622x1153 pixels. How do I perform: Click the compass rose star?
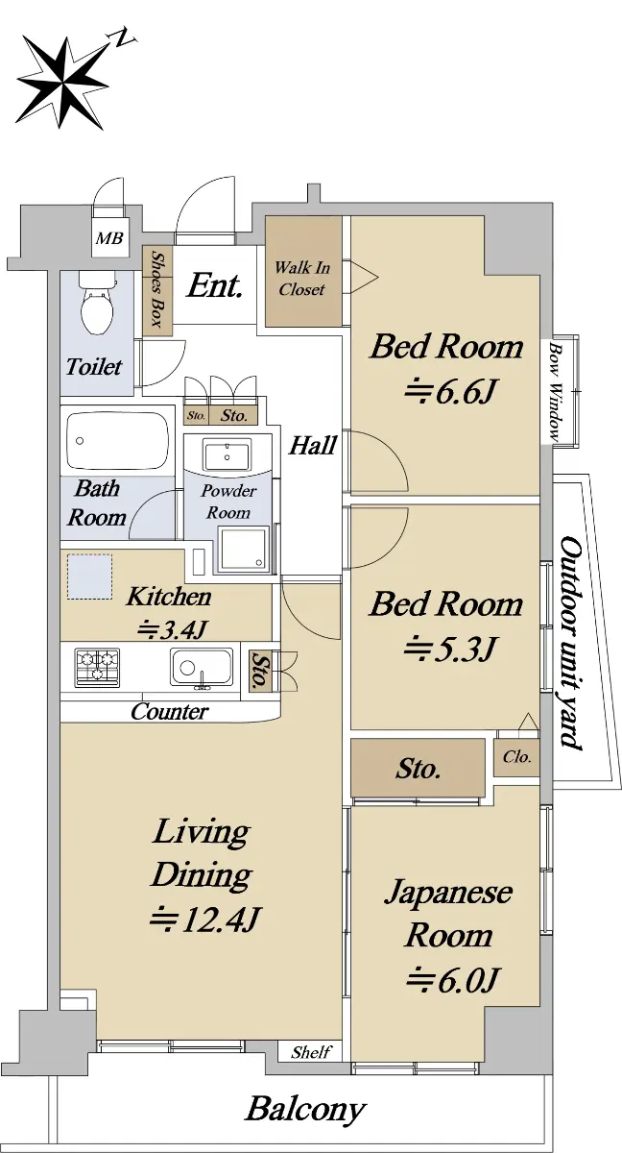[x=62, y=83]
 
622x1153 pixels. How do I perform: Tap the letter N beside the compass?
[x=121, y=38]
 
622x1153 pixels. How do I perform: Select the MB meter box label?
[x=109, y=238]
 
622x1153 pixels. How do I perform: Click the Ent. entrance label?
[x=214, y=285]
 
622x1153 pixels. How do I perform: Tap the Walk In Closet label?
[x=301, y=279]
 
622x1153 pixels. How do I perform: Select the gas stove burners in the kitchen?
[x=97, y=667]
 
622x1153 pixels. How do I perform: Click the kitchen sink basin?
[x=202, y=669]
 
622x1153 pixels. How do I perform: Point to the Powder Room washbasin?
[x=227, y=454]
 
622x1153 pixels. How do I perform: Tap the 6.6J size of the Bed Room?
[x=449, y=394]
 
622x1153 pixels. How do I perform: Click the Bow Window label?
[x=555, y=391]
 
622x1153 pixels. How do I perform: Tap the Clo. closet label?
[x=516, y=757]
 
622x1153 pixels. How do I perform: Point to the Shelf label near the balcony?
[x=311, y=1052]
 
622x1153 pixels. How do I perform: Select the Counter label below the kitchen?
[x=170, y=712]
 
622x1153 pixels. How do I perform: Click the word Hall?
[x=313, y=445]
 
